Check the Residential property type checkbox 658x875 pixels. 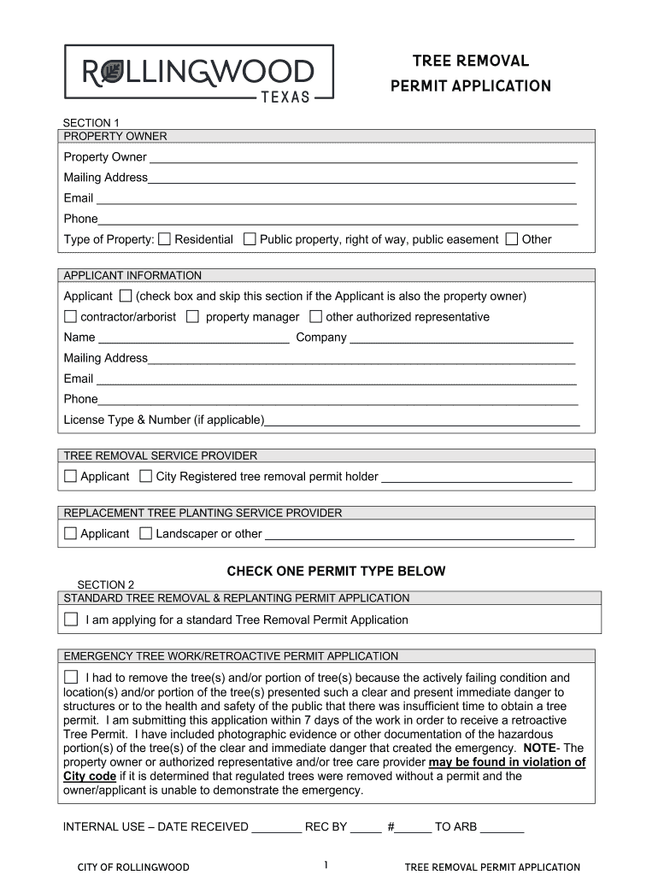tap(165, 239)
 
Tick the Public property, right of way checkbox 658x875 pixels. tap(250, 239)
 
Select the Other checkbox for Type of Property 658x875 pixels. tap(512, 239)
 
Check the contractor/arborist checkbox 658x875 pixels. tap(70, 317)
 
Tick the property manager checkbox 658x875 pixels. tap(192, 317)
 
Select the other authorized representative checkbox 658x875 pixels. tap(316, 317)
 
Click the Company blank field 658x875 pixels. tap(461, 338)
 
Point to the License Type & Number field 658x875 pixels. tap(422, 420)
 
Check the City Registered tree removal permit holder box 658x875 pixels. tap(146, 476)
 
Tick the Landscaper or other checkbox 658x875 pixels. tap(146, 533)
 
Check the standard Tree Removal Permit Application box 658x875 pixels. tap(71, 620)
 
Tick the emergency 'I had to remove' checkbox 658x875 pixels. tap(71, 678)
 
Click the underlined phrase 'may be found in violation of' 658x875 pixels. tap(507, 762)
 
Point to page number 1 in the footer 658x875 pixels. tap(326, 866)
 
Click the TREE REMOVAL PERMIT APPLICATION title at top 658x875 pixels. tap(470, 73)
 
